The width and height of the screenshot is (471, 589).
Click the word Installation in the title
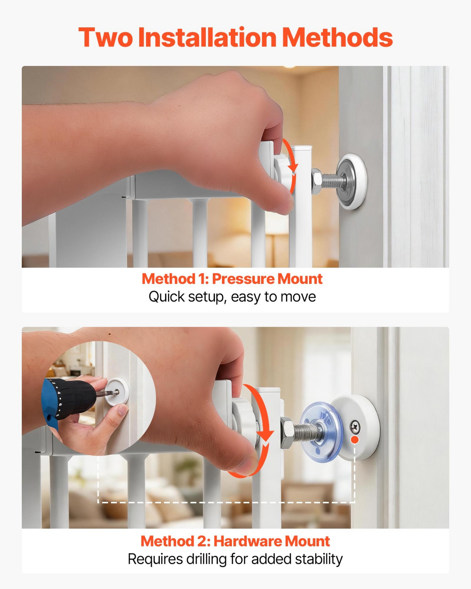point(207,37)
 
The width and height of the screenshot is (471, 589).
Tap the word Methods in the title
point(337,37)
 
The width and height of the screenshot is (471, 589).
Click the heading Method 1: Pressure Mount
point(232,279)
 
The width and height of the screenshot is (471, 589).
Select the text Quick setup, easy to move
point(232,297)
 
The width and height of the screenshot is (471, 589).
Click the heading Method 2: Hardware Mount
point(235,541)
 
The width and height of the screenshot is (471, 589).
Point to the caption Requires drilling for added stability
point(235,559)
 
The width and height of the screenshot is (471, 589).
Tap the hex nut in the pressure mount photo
point(317,181)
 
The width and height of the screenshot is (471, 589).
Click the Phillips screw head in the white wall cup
point(355,426)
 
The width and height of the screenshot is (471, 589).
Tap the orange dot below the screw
point(355,440)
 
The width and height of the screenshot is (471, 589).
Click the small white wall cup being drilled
point(117,392)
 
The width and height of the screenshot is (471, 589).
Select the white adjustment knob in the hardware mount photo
point(245,421)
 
